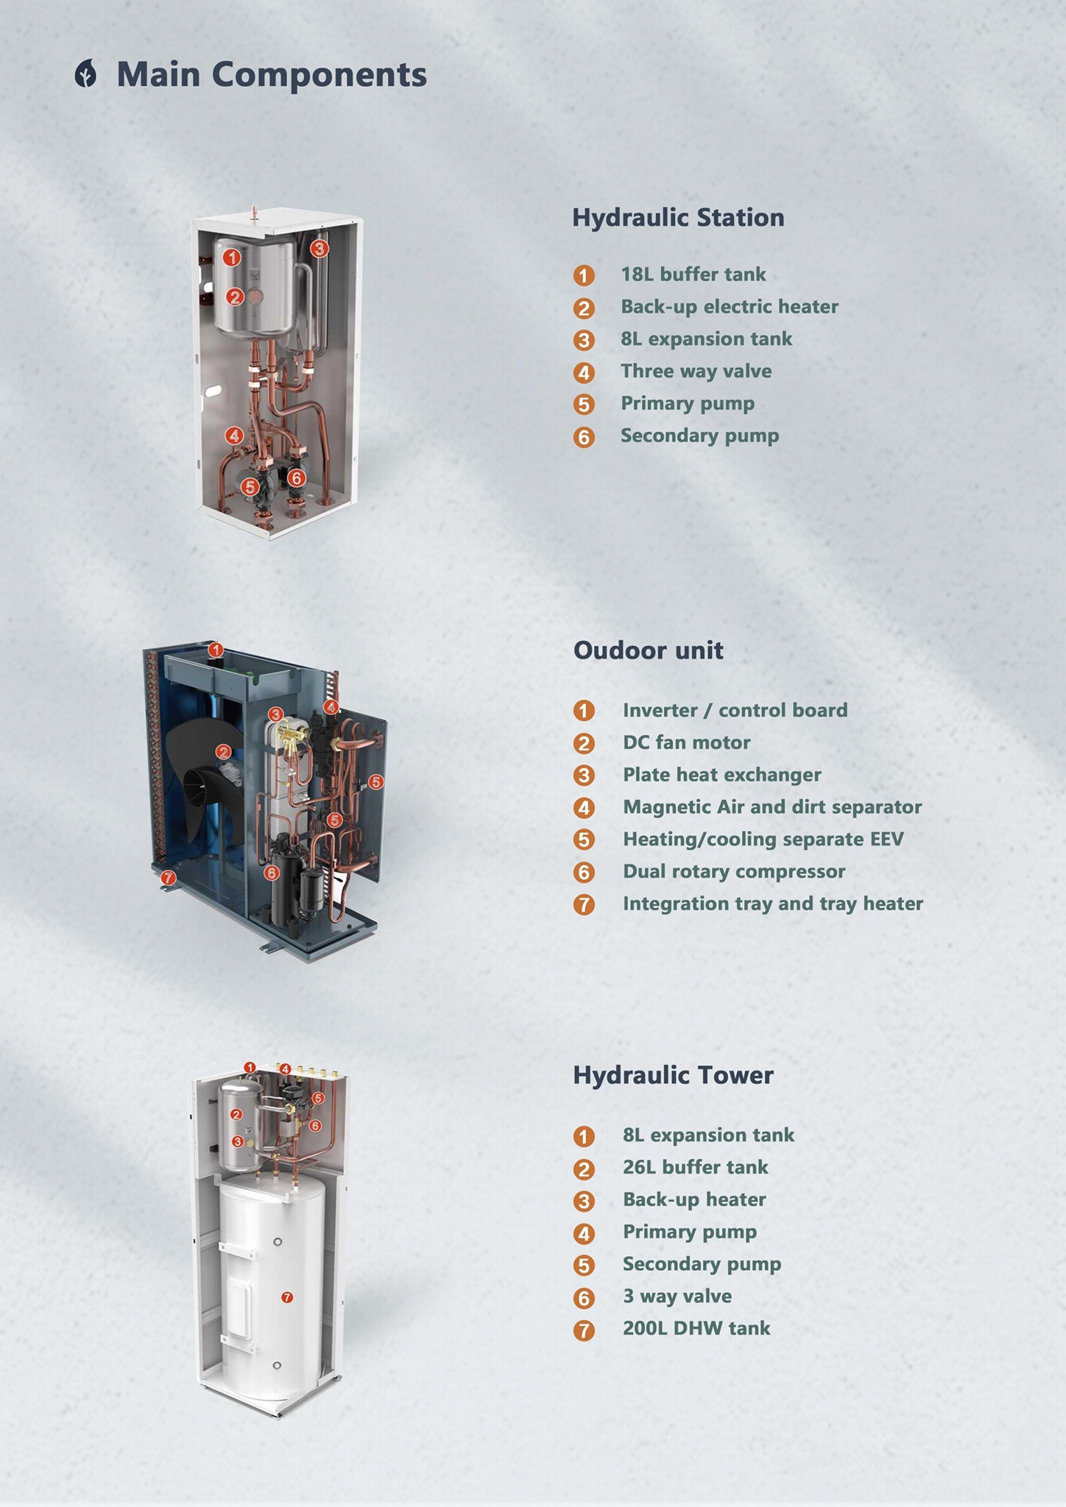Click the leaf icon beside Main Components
pyautogui.click(x=86, y=75)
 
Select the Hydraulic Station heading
pyautogui.click(x=678, y=218)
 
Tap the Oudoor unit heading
pyautogui.click(x=648, y=650)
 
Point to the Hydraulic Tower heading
pyautogui.click(x=673, y=1075)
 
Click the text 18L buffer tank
pyautogui.click(x=693, y=274)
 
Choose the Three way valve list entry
pyautogui.click(x=696, y=371)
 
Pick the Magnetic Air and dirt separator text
pyautogui.click(x=772, y=807)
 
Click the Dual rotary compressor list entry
pyautogui.click(x=733, y=872)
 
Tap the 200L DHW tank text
pyautogui.click(x=696, y=1328)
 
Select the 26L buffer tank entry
pyautogui.click(x=695, y=1167)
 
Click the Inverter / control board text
pyautogui.click(x=735, y=710)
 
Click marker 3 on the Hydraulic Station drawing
pyautogui.click(x=319, y=249)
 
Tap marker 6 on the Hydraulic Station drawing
pyautogui.click(x=296, y=478)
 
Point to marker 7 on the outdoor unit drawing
pyautogui.click(x=168, y=877)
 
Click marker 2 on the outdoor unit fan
pyautogui.click(x=223, y=751)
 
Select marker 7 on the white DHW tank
pyautogui.click(x=287, y=1297)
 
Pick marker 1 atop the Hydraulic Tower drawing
pyautogui.click(x=250, y=1067)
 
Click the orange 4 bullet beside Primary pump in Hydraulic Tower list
pyautogui.click(x=584, y=1233)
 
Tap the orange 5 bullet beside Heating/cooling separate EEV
pyautogui.click(x=584, y=840)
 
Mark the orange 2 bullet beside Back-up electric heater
pyautogui.click(x=584, y=308)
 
